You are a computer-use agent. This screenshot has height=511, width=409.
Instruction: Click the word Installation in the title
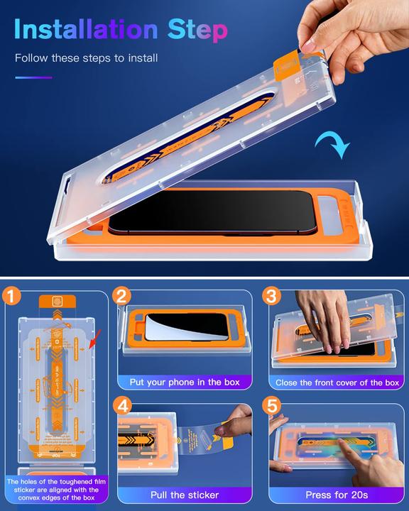point(86,30)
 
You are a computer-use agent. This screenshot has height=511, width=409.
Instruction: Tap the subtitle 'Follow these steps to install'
point(86,57)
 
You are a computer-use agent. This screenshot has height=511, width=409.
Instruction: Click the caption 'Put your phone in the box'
point(185,382)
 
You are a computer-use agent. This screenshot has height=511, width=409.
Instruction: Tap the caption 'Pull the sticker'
point(185,494)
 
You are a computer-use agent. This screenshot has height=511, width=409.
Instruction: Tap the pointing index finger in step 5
point(348,451)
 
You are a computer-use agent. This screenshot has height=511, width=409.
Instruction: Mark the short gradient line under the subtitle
point(33,77)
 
